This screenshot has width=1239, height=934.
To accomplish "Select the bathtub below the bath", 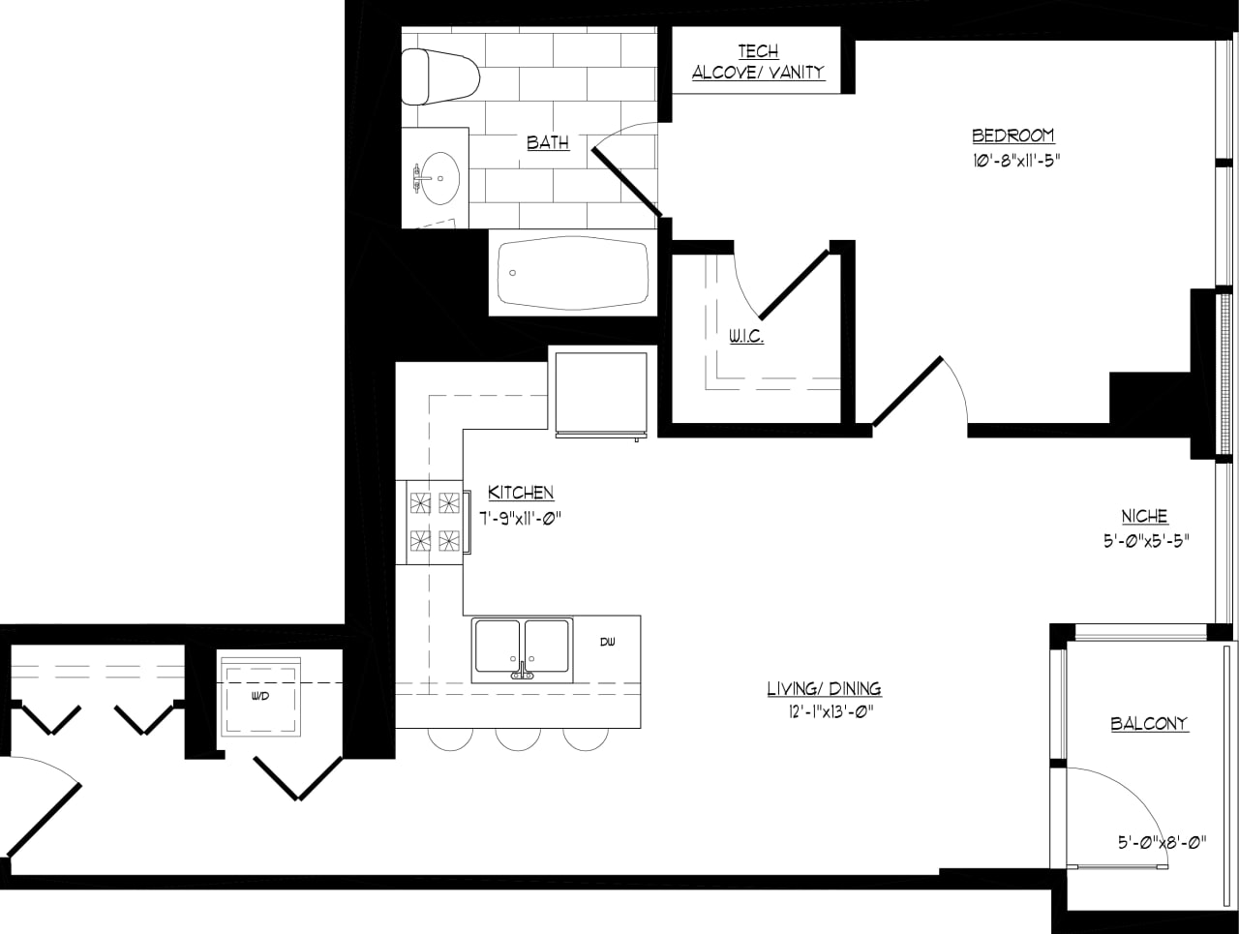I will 572,273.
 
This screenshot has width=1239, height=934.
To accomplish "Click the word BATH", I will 548,142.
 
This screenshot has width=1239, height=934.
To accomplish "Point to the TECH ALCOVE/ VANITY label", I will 758,62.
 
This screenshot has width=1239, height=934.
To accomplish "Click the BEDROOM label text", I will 1012,136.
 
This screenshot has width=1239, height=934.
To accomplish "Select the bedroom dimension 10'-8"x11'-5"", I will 1012,161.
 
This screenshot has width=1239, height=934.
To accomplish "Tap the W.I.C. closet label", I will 745,336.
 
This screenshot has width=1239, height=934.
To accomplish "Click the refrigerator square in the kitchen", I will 600,393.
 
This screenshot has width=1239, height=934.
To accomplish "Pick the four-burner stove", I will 434,522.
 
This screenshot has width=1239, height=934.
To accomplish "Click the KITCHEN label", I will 521,493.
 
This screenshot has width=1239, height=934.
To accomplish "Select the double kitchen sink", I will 522,649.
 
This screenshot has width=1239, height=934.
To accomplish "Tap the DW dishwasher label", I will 607,642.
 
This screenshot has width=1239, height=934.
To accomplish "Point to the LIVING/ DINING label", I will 824,689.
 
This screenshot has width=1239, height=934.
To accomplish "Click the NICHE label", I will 1144,517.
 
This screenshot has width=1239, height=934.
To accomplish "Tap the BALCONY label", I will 1149,723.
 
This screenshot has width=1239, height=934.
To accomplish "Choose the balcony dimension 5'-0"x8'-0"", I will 1162,842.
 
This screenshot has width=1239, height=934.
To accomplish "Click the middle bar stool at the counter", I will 518,738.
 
